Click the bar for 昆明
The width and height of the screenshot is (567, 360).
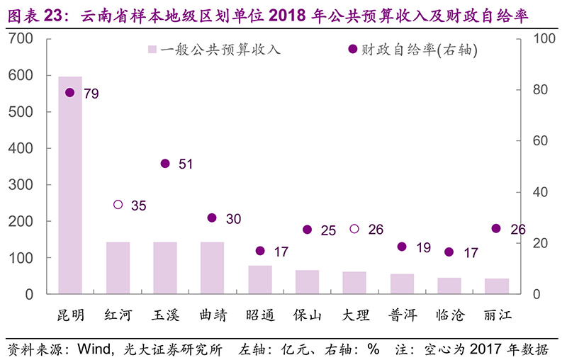click(x=70, y=185)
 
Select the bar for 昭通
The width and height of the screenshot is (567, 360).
click(x=260, y=280)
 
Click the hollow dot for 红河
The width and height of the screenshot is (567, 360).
click(x=118, y=205)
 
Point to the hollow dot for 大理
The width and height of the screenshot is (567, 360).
click(x=354, y=229)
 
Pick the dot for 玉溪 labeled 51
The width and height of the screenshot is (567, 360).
click(x=165, y=164)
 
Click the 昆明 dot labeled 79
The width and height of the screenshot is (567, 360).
click(x=70, y=93)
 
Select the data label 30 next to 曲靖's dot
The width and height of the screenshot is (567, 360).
click(x=233, y=219)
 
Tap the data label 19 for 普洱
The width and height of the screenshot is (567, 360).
click(x=423, y=248)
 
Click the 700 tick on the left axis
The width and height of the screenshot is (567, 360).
click(x=25, y=39)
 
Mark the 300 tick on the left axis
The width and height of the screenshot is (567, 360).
click(x=25, y=185)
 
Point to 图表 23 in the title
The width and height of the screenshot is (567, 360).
click(x=35, y=16)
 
